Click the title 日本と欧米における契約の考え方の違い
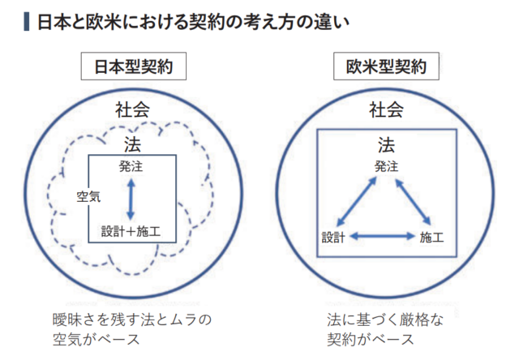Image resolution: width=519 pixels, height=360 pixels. (x=194, y=20)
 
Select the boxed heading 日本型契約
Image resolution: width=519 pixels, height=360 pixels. (x=133, y=67)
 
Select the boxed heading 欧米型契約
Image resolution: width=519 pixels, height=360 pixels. (x=386, y=67)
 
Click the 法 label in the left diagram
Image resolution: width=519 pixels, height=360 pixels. (x=133, y=144)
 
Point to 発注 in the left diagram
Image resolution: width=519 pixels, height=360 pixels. (x=131, y=167)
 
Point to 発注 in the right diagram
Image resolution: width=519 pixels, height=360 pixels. (x=387, y=166)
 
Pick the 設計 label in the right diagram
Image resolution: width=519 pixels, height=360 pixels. (x=333, y=238)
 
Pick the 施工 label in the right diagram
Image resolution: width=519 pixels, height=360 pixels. (x=432, y=238)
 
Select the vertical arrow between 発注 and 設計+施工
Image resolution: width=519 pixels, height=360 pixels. (x=131, y=198)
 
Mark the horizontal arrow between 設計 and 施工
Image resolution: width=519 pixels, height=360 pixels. (x=383, y=237)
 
